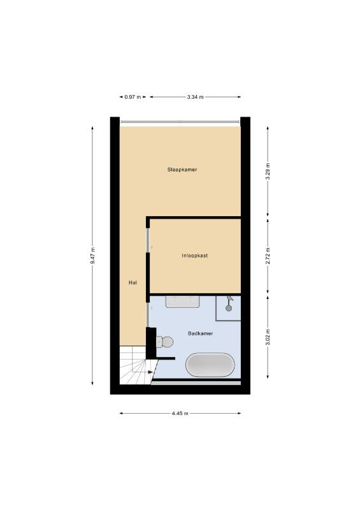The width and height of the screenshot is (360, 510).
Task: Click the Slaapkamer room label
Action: point(182,170)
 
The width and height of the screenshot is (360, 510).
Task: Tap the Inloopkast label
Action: point(195,256)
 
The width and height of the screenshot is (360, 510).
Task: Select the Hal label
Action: point(133,282)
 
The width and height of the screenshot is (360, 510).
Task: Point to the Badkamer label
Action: point(200,333)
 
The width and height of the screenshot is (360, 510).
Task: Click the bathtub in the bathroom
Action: point(210,365)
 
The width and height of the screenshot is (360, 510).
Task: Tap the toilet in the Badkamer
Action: point(164,342)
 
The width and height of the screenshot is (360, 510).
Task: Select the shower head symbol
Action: point(229,304)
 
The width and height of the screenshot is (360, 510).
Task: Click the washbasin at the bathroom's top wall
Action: point(182,302)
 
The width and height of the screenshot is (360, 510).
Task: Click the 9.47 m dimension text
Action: point(92,256)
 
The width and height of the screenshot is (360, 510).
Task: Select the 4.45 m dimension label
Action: point(180,413)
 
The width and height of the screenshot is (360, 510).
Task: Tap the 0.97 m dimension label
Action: point(133,97)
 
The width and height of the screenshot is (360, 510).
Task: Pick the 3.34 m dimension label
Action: point(195,97)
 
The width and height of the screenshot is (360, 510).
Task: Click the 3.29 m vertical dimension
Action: point(268,171)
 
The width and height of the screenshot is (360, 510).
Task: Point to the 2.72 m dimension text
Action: point(268,256)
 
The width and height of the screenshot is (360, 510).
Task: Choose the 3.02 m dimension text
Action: point(268,337)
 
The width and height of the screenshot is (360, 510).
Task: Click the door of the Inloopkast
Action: point(148,240)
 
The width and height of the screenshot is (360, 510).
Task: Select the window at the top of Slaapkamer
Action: point(180,122)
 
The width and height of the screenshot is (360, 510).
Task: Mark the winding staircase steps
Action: point(136,365)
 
